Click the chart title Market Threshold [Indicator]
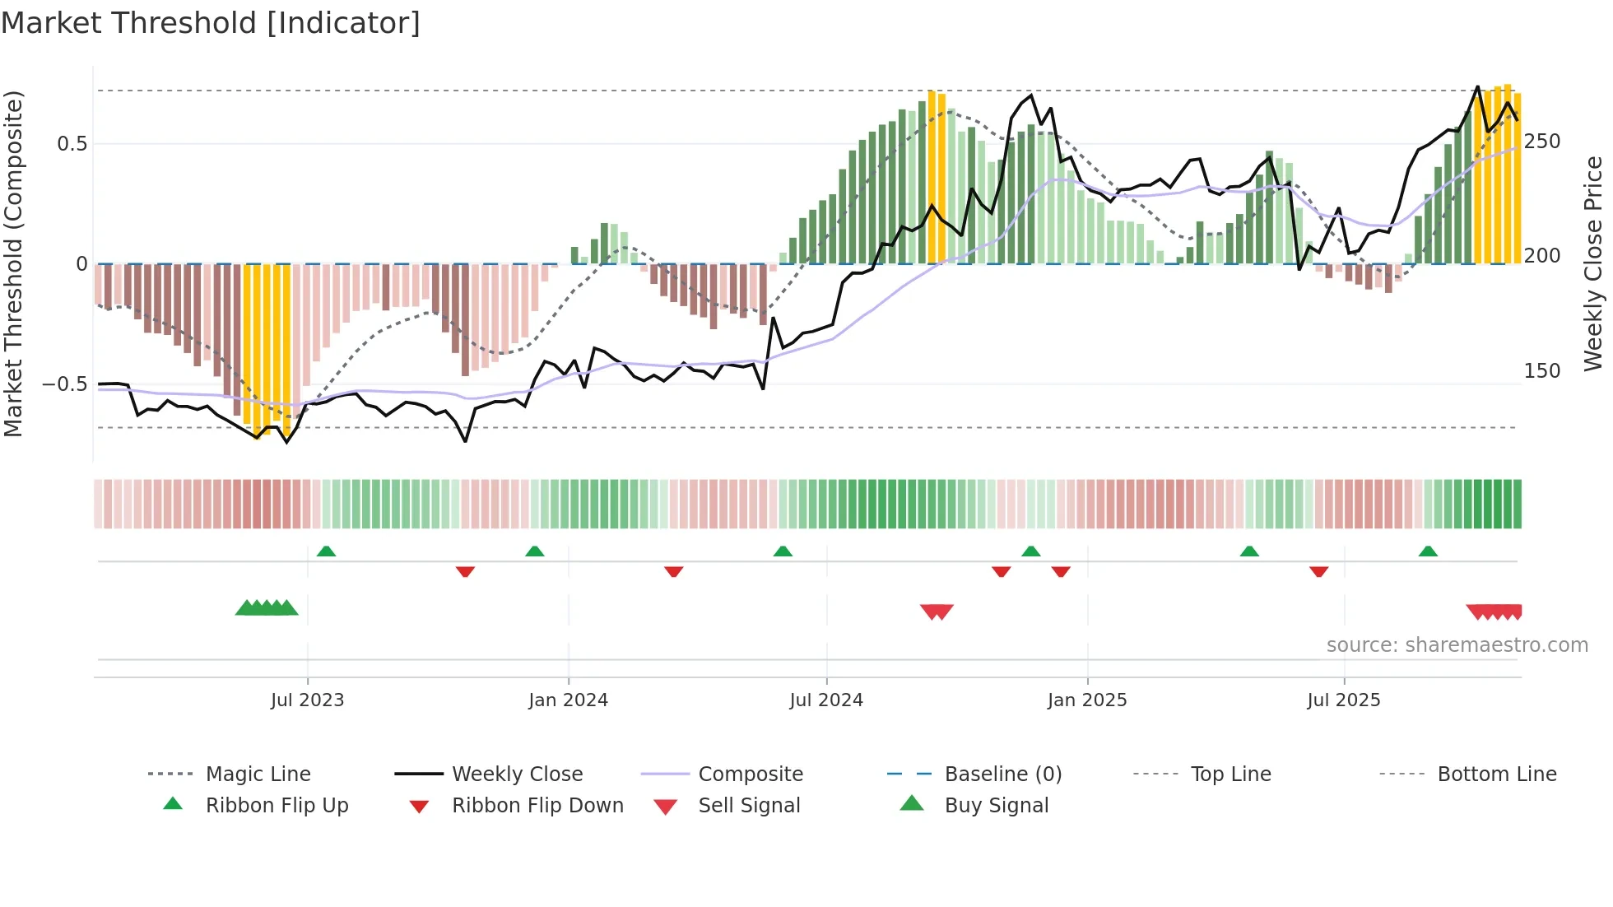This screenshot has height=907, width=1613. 211,23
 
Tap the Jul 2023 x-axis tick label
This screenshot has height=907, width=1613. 307,700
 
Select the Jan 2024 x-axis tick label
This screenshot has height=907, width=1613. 568,700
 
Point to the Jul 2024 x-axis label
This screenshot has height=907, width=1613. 826,700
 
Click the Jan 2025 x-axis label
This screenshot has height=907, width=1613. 1087,700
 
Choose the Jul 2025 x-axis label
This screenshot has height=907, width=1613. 1344,700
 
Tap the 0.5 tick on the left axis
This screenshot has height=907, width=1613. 72,144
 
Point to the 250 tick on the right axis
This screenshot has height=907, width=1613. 1542,142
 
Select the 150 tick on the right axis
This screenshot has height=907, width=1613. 1542,371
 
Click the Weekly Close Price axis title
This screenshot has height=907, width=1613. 1594,263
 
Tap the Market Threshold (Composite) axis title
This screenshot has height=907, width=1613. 13,263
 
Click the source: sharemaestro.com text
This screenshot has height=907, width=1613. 1457,645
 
